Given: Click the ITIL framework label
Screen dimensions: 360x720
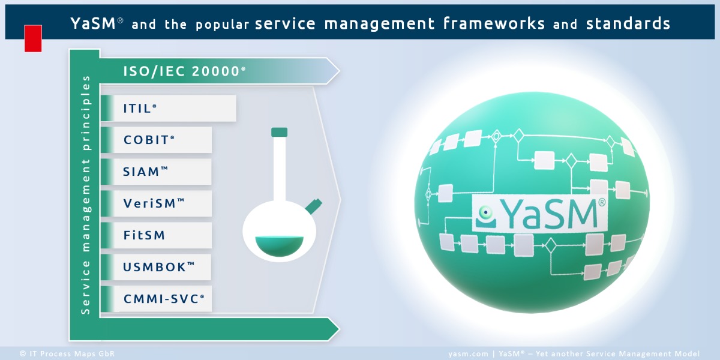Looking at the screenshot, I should click(140, 109).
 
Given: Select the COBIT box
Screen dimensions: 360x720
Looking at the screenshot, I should click(149, 140).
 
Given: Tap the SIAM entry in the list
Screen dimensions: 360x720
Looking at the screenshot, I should click(145, 172).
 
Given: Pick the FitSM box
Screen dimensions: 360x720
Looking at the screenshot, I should click(144, 235).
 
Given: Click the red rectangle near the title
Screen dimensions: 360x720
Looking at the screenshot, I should click(33, 38).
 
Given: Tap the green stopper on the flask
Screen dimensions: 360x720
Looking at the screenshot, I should click(279, 132).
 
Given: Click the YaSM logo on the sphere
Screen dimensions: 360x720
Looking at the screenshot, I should click(539, 212).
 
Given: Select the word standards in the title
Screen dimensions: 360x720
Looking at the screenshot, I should click(628, 23).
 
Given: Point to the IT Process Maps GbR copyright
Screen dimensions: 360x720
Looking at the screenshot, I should click(67, 354).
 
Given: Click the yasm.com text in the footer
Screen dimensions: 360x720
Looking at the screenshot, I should click(467, 354).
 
